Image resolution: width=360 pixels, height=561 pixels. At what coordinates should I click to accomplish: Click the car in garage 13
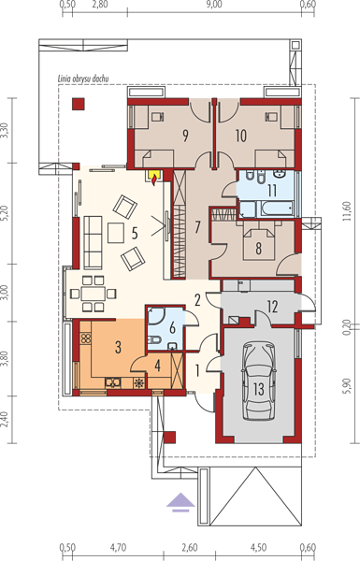(259, 381)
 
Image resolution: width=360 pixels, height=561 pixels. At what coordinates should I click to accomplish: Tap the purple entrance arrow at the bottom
(180, 502)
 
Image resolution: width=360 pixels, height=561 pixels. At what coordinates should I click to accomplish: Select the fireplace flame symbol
(154, 179)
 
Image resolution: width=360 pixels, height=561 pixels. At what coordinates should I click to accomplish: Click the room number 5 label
(135, 233)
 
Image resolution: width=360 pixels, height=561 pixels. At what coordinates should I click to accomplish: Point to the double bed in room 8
(259, 244)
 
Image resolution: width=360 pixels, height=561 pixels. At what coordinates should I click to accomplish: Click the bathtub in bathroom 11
(277, 209)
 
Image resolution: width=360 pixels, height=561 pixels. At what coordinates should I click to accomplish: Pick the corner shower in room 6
(156, 316)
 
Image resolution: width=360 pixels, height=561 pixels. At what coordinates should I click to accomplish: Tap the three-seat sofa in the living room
(94, 242)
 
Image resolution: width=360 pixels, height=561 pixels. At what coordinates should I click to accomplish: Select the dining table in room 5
(94, 294)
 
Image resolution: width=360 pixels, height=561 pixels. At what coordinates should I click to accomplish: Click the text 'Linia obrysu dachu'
(83, 79)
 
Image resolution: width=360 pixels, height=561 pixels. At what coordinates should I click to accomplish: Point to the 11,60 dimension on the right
(346, 211)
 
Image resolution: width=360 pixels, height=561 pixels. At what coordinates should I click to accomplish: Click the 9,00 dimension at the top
(214, 5)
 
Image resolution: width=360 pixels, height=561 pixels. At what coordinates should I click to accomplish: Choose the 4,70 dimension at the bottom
(118, 547)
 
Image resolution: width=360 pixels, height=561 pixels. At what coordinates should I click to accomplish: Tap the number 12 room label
(273, 307)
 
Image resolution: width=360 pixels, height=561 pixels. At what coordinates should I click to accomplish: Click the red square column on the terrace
(79, 104)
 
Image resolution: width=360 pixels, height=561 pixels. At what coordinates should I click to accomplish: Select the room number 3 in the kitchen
(118, 347)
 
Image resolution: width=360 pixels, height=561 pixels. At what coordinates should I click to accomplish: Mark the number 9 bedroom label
(185, 136)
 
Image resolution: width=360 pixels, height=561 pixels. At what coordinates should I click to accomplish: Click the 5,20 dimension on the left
(5, 213)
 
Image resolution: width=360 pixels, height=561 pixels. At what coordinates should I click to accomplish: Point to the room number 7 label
(197, 227)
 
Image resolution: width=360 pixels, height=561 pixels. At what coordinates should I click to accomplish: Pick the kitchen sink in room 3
(113, 382)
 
